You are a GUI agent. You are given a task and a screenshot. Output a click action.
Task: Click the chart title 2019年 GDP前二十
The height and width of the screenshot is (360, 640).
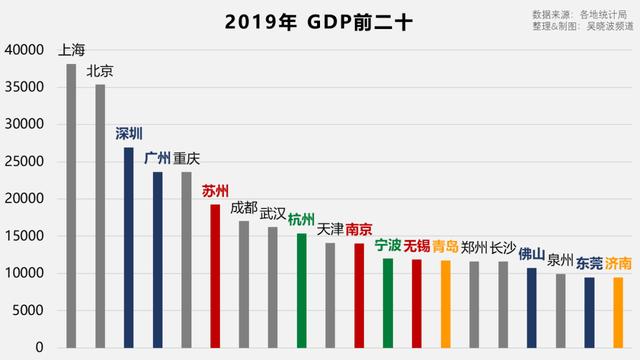(x=319, y=21)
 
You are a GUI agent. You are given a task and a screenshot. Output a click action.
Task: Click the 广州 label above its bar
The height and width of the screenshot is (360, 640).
(x=157, y=158)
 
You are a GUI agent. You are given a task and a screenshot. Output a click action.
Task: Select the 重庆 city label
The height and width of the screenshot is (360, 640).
(x=186, y=158)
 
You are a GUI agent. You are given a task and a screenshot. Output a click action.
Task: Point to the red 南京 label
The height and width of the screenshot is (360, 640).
(x=359, y=229)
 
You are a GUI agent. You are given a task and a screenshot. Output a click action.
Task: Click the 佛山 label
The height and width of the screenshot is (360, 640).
(x=532, y=254)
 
